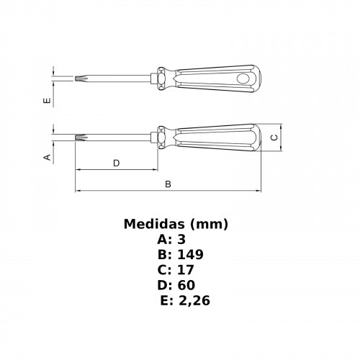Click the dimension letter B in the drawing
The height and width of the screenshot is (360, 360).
(x=168, y=184)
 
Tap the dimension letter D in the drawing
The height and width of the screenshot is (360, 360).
(x=116, y=163)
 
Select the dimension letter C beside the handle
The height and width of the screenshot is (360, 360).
(x=274, y=136)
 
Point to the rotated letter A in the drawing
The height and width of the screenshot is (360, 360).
(x=48, y=156)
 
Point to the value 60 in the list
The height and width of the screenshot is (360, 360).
(x=186, y=285)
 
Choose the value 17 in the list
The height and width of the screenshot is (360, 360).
(x=185, y=270)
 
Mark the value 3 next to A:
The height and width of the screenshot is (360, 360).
(x=181, y=240)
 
